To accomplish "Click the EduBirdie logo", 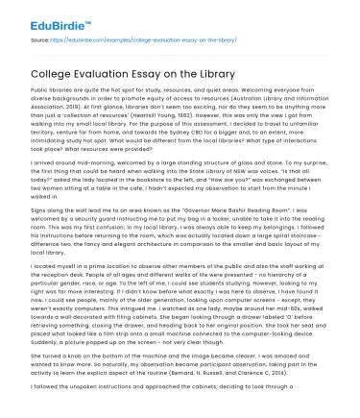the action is point(46,16).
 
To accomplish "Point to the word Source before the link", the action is point(40,41).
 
